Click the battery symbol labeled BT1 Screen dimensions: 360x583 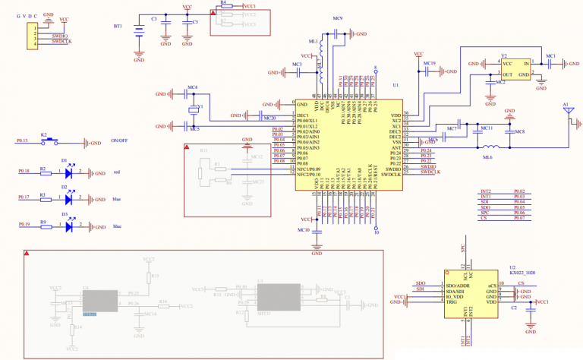(x=139, y=31)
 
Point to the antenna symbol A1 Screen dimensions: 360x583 (x=566, y=113)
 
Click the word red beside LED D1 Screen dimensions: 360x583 (x=117, y=173)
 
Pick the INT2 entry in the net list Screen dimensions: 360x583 (x=486, y=191)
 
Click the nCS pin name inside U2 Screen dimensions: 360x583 (x=491, y=285)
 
